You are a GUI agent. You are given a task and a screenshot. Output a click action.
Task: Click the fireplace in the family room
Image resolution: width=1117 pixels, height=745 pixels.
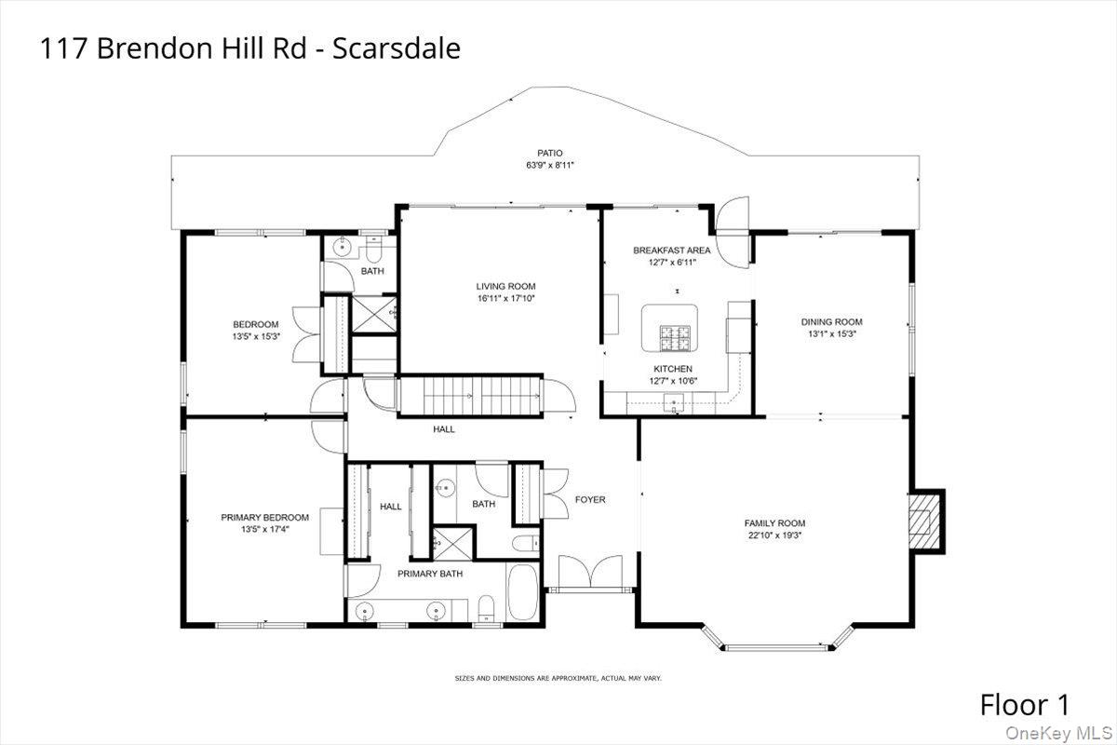click(x=925, y=521)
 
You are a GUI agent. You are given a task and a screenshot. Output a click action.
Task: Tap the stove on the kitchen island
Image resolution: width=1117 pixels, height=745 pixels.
click(x=671, y=338)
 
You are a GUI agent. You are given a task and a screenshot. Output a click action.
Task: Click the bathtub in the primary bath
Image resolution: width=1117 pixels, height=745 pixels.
click(x=522, y=592)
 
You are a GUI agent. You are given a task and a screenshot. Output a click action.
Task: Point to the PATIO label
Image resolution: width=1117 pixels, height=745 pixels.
click(x=549, y=154)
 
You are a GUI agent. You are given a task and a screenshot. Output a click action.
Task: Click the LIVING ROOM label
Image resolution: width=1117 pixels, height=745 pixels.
click(x=505, y=286)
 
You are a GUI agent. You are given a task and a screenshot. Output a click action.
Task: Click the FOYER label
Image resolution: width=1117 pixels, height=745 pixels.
click(x=589, y=500)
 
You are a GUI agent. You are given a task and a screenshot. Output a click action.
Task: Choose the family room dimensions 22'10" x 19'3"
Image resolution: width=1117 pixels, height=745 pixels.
click(x=774, y=535)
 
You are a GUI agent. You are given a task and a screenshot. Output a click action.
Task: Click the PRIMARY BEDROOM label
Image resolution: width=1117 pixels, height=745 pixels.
click(x=264, y=517)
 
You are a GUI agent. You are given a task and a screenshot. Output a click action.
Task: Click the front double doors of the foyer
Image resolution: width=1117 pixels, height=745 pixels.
click(x=591, y=570)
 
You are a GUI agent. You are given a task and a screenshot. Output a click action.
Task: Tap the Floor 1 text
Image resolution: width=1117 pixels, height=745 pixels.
click(x=1024, y=704)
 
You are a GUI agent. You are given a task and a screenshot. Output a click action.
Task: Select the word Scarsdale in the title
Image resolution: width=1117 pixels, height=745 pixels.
click(x=403, y=48)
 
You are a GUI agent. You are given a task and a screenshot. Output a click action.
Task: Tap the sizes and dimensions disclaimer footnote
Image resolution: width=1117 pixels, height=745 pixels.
click(x=558, y=678)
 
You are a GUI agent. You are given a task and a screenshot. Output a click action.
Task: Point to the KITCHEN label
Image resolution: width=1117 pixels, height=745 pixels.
click(x=672, y=369)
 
